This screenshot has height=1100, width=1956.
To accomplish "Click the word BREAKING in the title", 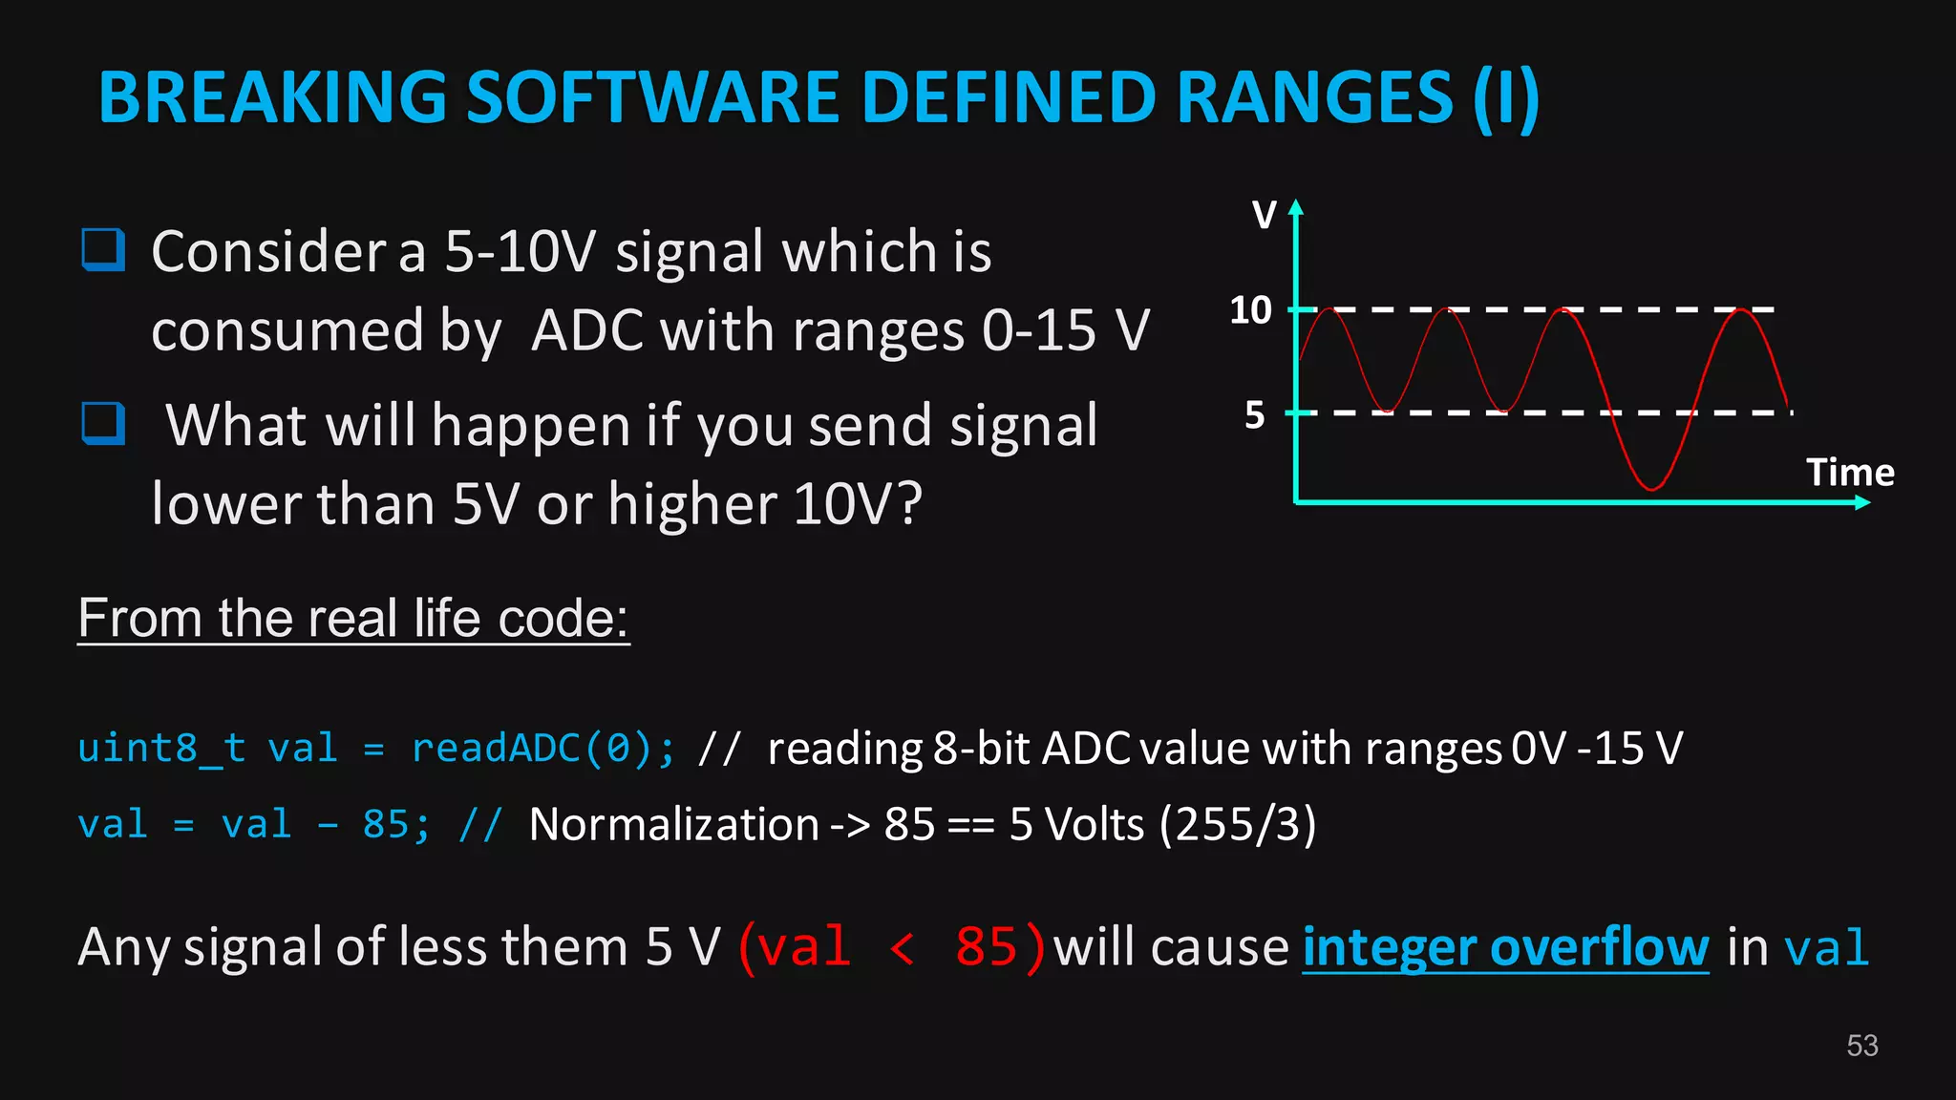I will (273, 97).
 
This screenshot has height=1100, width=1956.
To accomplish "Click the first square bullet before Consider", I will (103, 250).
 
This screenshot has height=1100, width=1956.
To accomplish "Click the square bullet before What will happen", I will (103, 424).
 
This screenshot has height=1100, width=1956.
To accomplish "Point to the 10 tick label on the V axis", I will (1250, 310).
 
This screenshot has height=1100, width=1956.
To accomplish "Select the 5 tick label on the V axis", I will (1255, 415).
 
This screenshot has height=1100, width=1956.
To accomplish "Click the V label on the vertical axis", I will (1264, 215).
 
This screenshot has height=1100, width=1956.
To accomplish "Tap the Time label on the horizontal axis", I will (1850, 473).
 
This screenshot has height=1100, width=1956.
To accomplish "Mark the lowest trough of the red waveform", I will (1651, 488).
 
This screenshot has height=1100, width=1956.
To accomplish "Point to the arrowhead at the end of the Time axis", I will (1861, 502).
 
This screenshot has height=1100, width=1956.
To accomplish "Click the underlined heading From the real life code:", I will (353, 618).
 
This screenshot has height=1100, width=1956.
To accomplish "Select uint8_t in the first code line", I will (161, 748).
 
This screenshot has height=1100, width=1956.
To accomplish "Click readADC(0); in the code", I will (542, 748).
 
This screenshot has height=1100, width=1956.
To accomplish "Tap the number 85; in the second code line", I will (395, 824).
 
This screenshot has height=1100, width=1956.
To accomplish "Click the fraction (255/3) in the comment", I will (1238, 824).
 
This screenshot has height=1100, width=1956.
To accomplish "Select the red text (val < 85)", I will (892, 947).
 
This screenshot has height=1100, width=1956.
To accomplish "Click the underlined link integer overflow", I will (1505, 947).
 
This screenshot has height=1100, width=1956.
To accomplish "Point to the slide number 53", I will (1861, 1046).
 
